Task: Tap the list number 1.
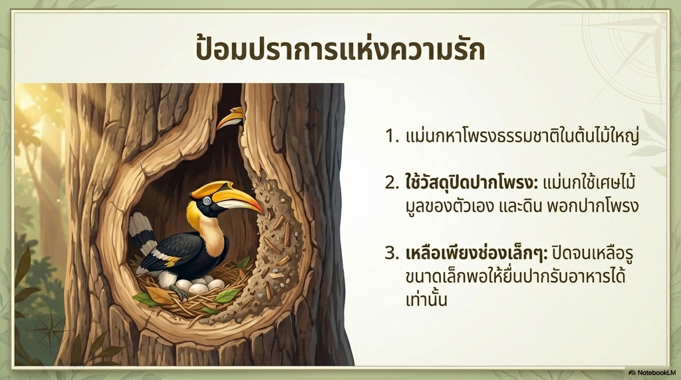391,136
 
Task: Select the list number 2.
391,183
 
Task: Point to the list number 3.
391,253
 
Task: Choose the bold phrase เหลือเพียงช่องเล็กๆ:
476,252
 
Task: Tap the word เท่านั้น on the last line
426,299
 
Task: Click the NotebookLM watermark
652,373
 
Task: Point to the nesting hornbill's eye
207,200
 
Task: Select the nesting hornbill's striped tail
144,235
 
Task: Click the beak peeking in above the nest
230,117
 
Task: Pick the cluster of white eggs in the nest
200,284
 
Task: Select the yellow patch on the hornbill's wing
172,261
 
